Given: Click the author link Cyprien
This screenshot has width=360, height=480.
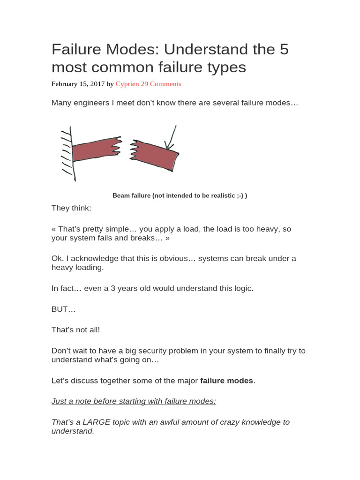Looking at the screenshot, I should coord(127,84).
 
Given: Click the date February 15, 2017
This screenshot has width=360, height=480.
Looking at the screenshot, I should coord(78,84).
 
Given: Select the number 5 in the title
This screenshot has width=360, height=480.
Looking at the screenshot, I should coord(284,49).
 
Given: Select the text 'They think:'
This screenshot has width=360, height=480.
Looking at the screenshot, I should coord(71,208).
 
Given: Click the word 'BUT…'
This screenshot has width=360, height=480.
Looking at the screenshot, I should coord(63,309).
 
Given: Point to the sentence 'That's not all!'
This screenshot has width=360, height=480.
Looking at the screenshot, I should coord(75,330).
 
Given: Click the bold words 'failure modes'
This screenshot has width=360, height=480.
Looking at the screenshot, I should coord(226,381).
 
